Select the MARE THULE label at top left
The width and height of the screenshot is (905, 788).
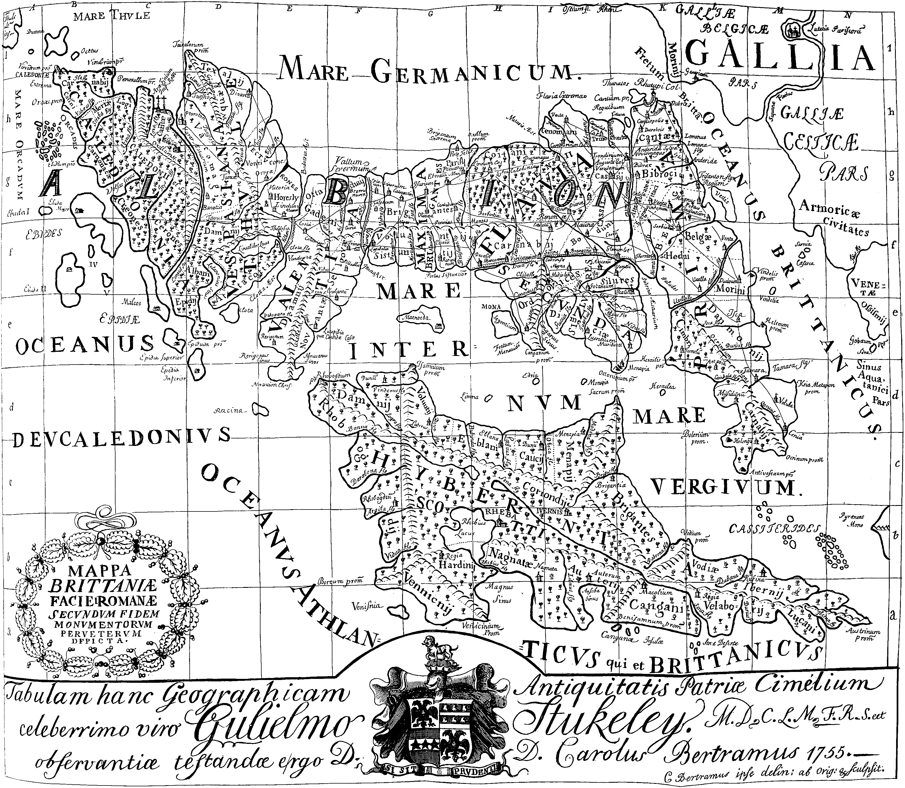112,17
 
